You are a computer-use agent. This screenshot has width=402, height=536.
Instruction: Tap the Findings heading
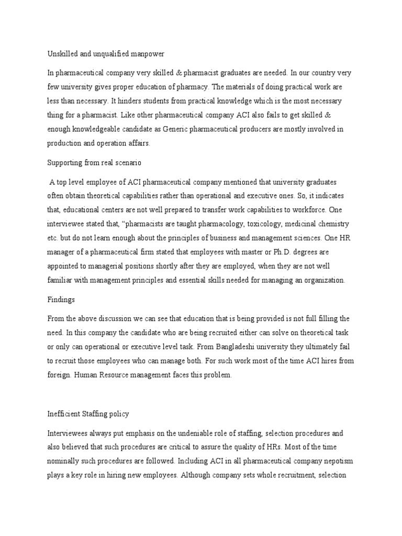61,300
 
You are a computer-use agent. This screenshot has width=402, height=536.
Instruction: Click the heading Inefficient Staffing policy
88,414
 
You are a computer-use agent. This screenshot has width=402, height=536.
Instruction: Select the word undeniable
193,434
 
